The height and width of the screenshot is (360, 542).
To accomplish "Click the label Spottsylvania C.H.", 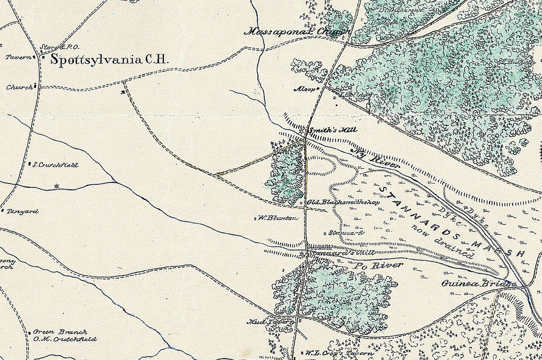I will [108, 60].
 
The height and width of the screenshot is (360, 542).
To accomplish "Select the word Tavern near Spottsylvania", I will [17, 57].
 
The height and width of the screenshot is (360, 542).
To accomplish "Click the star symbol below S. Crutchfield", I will [56, 186].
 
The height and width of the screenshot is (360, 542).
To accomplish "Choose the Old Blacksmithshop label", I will [343, 202].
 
